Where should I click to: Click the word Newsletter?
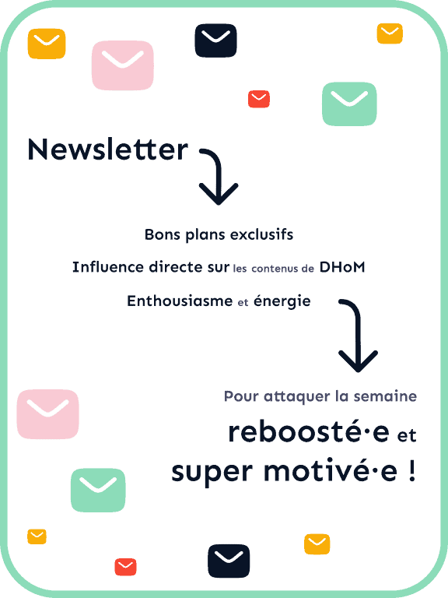(x=108, y=149)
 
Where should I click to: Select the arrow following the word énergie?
(x=358, y=332)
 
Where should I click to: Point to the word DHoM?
(x=342, y=267)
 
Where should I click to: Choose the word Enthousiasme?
(x=180, y=301)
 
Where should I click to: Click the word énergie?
(x=282, y=301)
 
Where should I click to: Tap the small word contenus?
(x=275, y=269)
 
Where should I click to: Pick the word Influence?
(x=109, y=267)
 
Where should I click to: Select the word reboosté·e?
(x=309, y=432)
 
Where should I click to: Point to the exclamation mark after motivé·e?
(x=411, y=470)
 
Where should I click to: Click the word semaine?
(x=385, y=396)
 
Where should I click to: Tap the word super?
(x=212, y=473)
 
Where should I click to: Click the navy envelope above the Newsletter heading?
(x=216, y=40)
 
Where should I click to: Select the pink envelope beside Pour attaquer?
(x=48, y=413)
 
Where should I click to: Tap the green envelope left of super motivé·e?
(x=98, y=490)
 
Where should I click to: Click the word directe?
(x=176, y=267)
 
